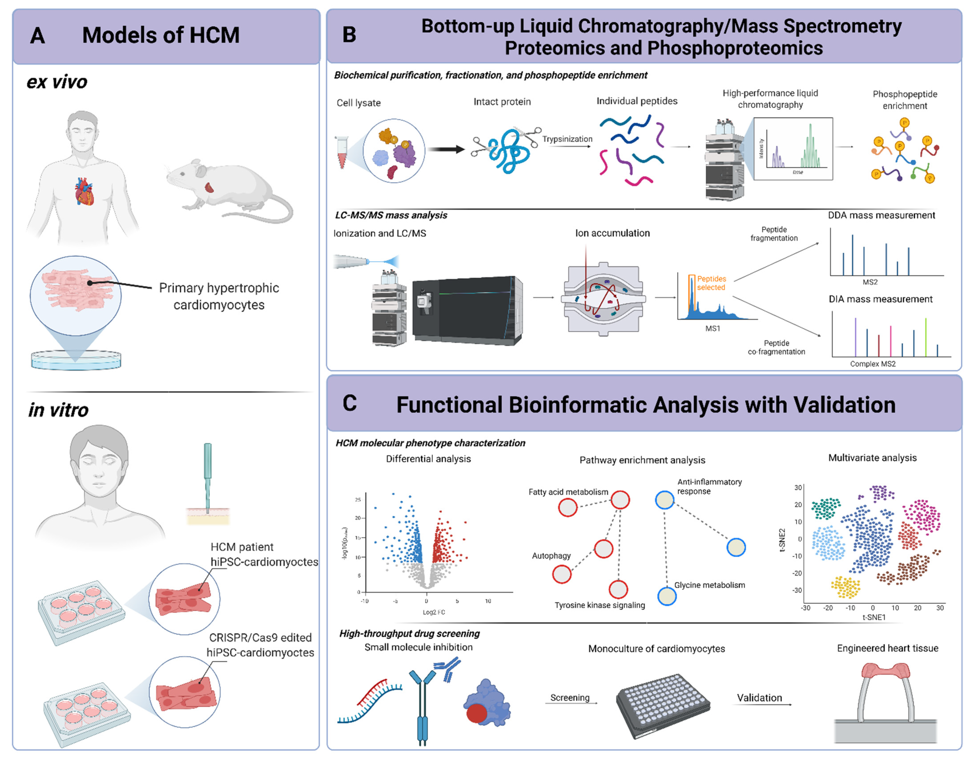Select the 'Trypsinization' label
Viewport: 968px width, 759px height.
coord(567,139)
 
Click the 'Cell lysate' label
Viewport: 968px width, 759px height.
coord(358,103)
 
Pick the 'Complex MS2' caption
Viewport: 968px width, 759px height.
coord(873,364)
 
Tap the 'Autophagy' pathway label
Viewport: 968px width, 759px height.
coord(551,556)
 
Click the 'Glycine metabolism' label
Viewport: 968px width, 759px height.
coord(709,585)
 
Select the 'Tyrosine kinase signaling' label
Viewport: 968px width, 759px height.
coord(599,605)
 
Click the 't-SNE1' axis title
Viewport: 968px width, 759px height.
coord(874,617)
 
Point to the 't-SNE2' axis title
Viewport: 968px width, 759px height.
coord(782,540)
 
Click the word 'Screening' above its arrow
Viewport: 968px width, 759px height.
coord(570,698)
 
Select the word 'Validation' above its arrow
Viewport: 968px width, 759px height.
coord(759,698)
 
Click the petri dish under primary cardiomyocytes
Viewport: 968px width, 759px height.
coord(76,360)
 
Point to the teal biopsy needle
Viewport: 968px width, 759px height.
coord(207,475)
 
